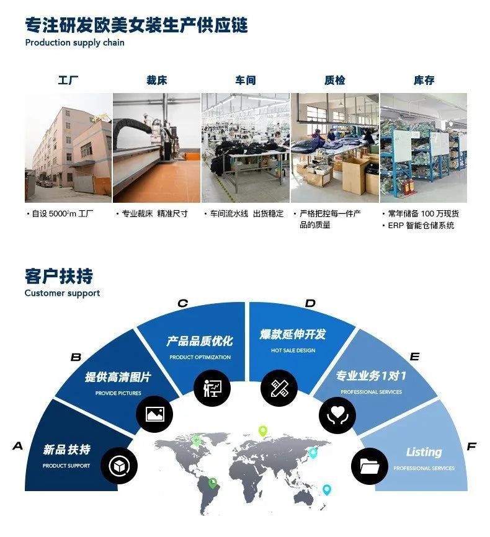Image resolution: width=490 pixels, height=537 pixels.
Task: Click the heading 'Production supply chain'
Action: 74,43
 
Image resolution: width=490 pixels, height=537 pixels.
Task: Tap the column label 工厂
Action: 68,81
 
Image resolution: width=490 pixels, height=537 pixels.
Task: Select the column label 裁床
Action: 156,81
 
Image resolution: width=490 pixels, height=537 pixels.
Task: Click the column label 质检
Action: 335,81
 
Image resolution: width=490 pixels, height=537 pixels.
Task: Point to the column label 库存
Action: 424,81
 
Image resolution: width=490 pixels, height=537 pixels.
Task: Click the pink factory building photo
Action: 68,148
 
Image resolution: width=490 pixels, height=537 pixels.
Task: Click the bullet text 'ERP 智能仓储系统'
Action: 421,225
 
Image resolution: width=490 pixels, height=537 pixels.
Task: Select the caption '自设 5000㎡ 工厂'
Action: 62,214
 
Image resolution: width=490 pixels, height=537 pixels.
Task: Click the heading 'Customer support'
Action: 62,293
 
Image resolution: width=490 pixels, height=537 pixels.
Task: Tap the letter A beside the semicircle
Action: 18,446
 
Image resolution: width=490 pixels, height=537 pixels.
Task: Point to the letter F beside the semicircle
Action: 472,446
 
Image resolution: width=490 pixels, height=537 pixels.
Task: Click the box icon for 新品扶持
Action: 119,466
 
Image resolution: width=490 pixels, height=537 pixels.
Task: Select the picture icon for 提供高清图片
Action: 154,414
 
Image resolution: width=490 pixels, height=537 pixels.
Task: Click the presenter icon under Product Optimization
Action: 212,388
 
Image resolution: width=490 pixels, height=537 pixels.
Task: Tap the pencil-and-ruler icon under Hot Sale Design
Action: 279,388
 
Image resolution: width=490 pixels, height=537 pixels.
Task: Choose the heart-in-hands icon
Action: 337,415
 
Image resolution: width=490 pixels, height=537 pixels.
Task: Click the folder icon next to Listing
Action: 370,466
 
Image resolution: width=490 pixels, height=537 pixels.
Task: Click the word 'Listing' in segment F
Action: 424,452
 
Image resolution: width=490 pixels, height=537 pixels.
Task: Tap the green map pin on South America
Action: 213,483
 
